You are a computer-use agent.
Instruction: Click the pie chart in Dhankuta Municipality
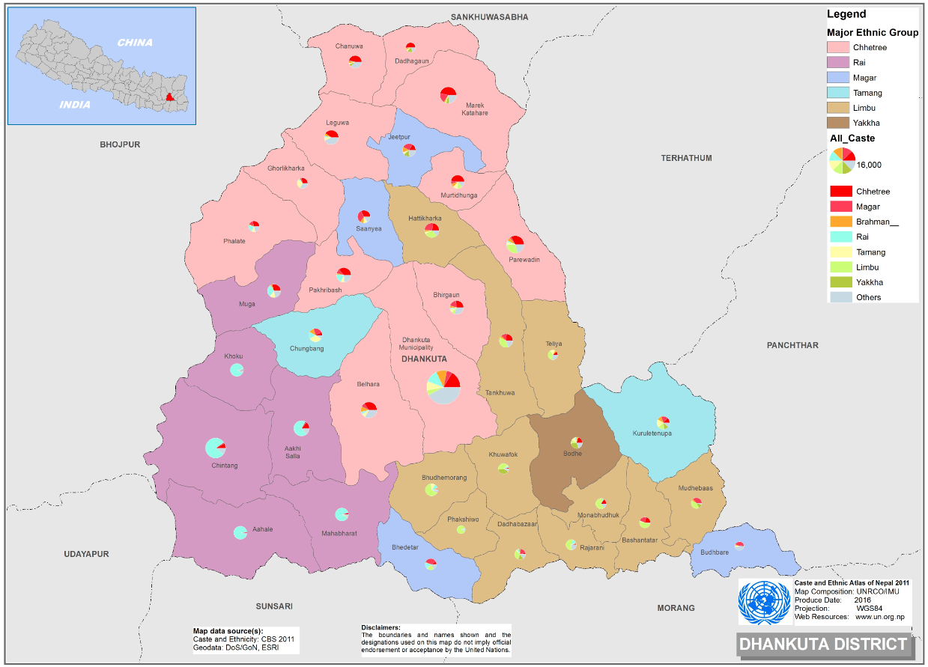coord(443,387)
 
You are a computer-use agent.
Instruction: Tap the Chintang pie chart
coord(215,448)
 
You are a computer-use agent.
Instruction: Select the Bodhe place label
coord(572,454)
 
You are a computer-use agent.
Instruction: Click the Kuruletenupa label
coord(652,433)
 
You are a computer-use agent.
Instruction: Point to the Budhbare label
coord(714,552)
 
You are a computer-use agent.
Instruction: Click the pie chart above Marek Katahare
coord(448,95)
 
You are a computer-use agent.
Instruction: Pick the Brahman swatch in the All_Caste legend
coord(841,222)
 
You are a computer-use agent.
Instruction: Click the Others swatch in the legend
coord(841,297)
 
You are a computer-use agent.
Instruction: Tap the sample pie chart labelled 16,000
coord(842,160)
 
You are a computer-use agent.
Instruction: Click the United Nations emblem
coord(763,602)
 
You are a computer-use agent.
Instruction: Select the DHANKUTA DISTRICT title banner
coord(823,644)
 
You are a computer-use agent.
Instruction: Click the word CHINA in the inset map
coord(135,43)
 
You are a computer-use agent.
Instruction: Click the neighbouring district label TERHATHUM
coord(686,158)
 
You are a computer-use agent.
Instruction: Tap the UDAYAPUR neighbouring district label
coord(86,554)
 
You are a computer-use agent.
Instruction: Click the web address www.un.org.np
coord(880,617)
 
